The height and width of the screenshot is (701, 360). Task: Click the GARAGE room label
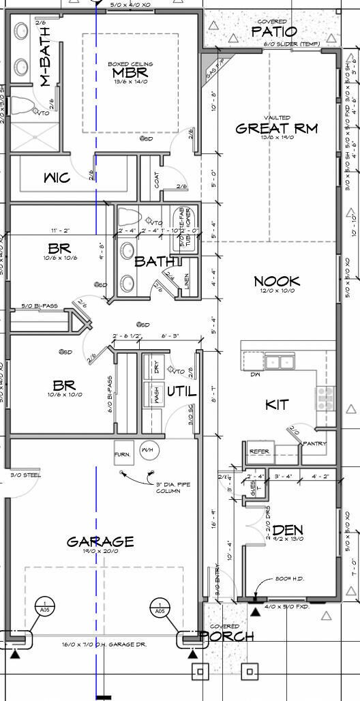(100, 542)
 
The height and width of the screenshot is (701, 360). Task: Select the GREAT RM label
(276, 128)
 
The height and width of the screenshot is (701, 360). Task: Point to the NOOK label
(277, 281)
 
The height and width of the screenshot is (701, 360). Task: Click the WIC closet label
(57, 178)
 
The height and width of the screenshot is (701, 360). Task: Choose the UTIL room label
(182, 392)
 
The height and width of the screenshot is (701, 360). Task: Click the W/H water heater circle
(147, 451)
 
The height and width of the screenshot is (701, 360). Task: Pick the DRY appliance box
(156, 370)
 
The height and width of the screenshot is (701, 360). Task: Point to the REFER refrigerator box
(259, 451)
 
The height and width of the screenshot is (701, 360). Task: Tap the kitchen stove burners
(325, 397)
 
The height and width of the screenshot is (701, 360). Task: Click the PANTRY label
(315, 444)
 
